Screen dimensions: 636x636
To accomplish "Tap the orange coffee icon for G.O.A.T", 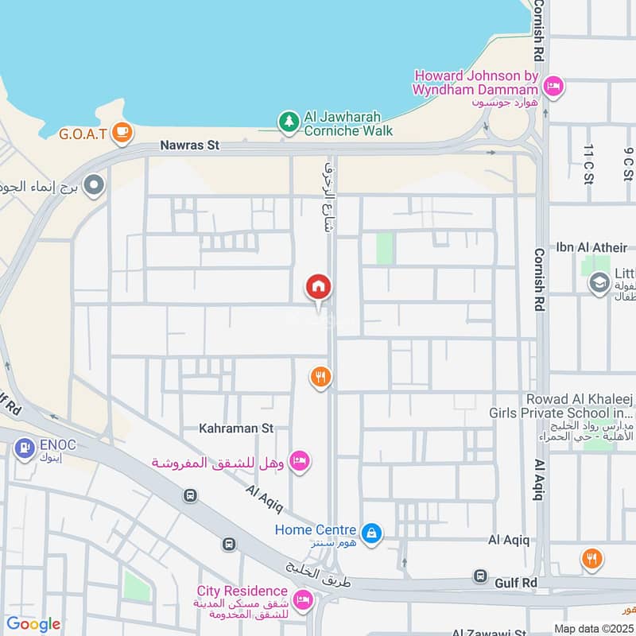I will pos(121,132).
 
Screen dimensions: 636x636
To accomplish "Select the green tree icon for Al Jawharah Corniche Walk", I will pos(288,122).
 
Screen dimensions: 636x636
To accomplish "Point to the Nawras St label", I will pos(189,145).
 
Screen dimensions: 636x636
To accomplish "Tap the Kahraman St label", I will pos(237,428).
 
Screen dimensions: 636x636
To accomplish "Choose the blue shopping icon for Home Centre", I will pos(370,533).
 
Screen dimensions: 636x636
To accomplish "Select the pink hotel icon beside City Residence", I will pos(302,599).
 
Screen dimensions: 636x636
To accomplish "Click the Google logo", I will pos(33,623).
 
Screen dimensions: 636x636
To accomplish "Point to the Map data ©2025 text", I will pos(592,628).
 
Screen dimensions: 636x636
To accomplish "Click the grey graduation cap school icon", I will pos(599,283).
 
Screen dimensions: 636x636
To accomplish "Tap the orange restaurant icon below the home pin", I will pos(320,377).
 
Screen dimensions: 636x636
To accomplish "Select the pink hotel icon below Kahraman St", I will pos(299,461).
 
